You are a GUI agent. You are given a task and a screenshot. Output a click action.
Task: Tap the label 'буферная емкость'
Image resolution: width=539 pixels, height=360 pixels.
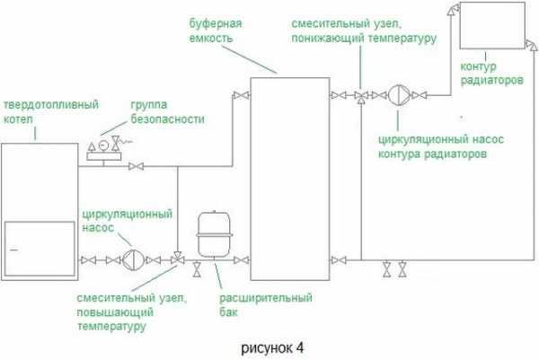click(x=216, y=30)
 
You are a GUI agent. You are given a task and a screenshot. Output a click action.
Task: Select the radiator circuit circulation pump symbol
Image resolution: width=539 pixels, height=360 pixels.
click(x=398, y=94)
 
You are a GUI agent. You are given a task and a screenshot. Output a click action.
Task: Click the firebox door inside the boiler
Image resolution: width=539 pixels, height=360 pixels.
click(x=36, y=243)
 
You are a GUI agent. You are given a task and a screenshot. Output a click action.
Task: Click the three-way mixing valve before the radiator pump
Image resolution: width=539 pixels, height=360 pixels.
click(x=361, y=95)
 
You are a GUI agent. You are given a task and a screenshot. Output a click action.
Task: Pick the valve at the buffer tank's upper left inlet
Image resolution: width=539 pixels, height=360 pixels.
click(x=235, y=95)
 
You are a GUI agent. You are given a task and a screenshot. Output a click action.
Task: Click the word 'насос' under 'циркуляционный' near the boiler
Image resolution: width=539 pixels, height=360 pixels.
click(x=96, y=228)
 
